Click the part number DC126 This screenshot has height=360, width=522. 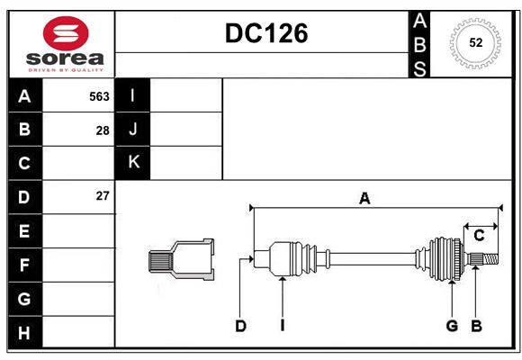pos(265,33)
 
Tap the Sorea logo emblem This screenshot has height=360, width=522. pos(66,34)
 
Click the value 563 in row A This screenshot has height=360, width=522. pos(99,95)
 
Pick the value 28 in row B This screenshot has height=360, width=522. pos(103,130)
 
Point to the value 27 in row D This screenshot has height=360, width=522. pos(103,195)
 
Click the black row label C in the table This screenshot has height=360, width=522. pos(24,163)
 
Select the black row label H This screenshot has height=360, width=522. pos(24,332)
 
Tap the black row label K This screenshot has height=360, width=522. pos(133,163)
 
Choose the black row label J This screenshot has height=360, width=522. pos(133,130)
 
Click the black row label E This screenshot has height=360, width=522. pos(24,230)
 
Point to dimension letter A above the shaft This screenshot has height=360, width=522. pos(364,199)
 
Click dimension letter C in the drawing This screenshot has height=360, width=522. pos(479,236)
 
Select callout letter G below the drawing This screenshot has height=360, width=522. pos(452,326)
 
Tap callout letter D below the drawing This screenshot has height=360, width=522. pos(240,326)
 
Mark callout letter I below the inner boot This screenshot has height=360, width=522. pos(282,326)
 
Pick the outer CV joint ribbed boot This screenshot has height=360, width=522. pos(444,258)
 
